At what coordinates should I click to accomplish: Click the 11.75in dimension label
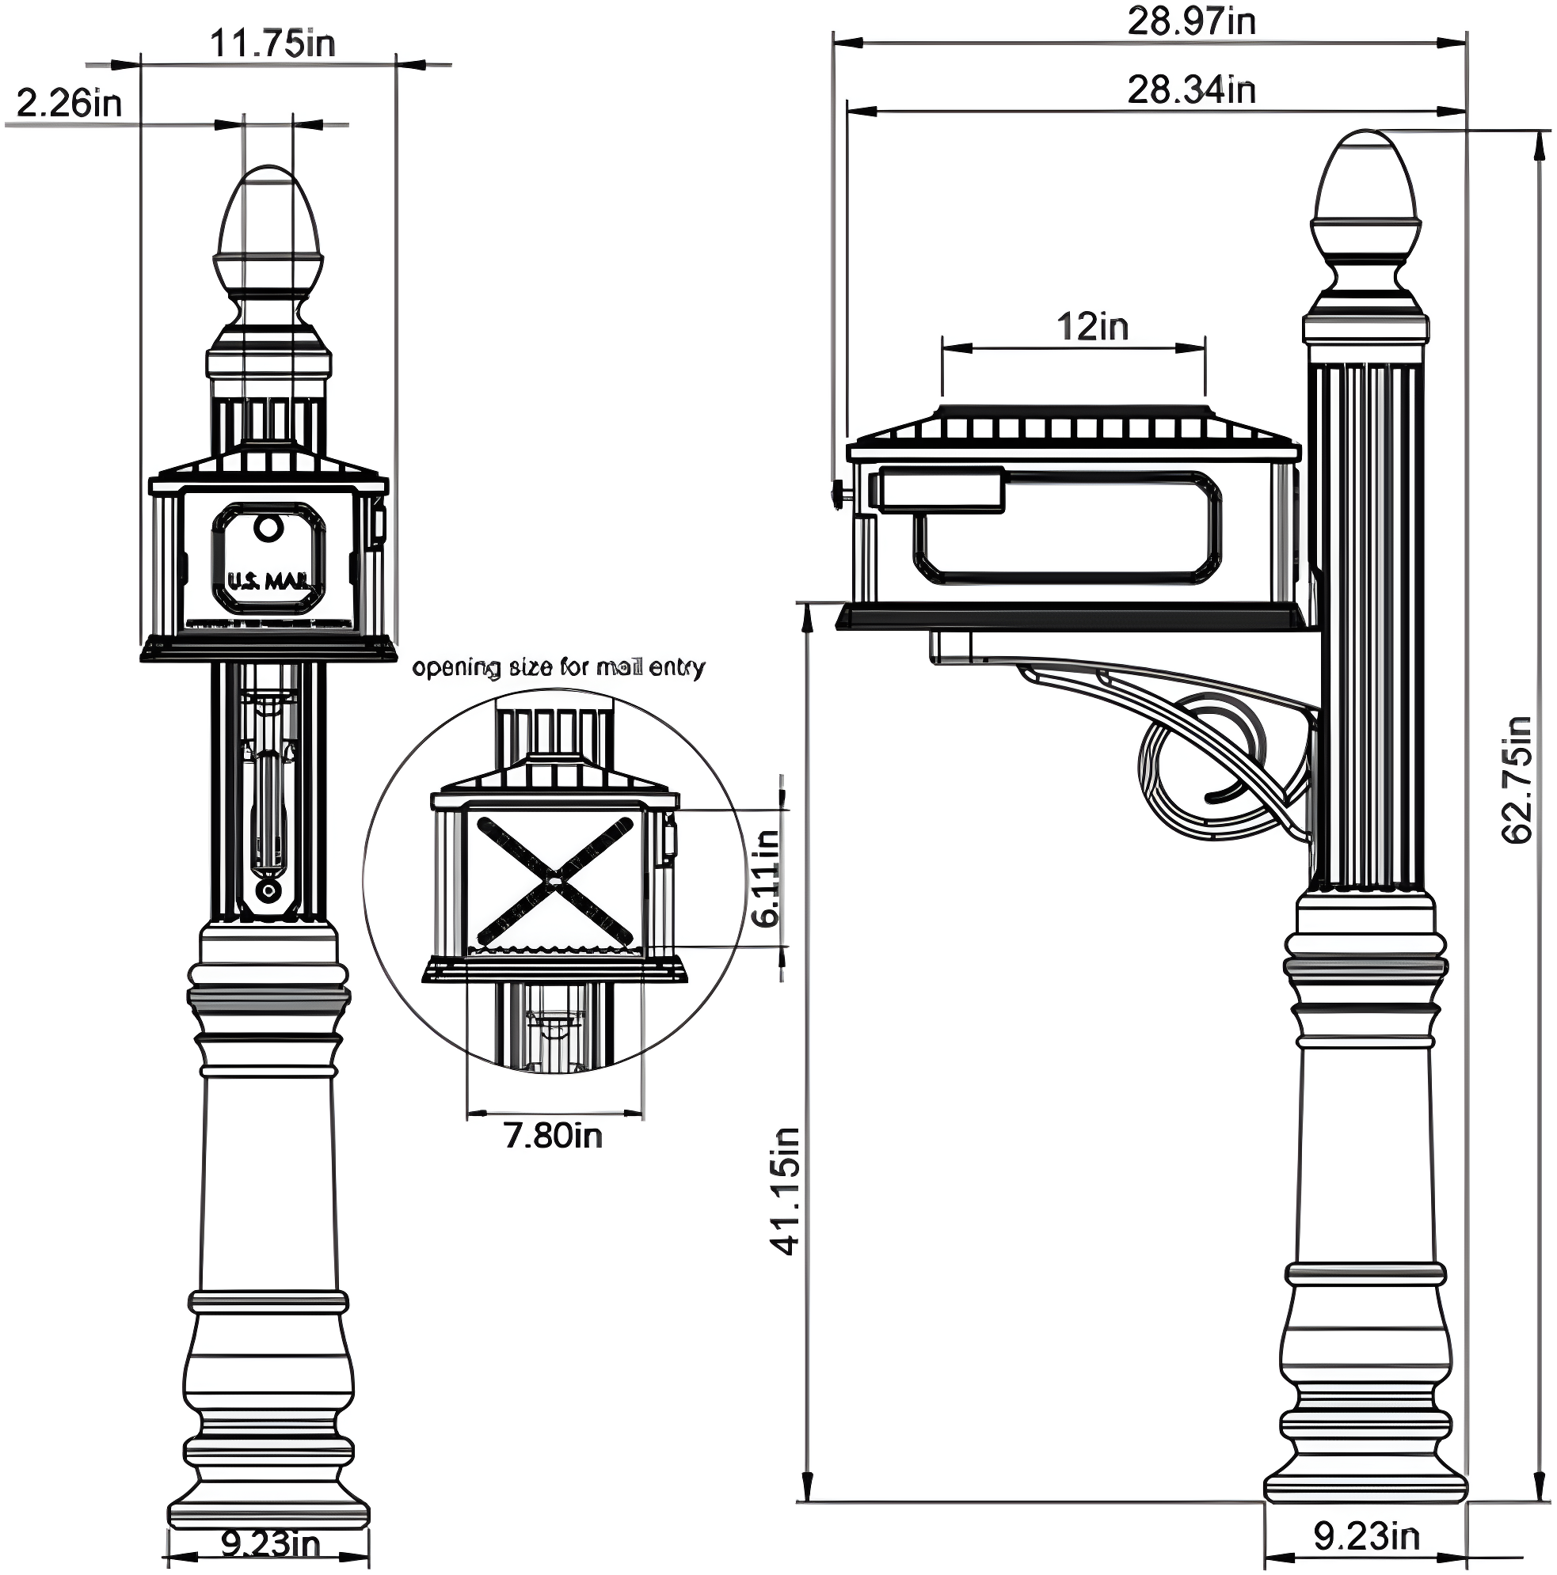[x=272, y=44]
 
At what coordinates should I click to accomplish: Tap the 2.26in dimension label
[x=70, y=104]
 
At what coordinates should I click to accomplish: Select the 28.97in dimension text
[x=1191, y=22]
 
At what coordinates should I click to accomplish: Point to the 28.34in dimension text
[x=1191, y=89]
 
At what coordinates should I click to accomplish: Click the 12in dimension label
[x=1092, y=327]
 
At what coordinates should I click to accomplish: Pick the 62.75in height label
[x=1517, y=780]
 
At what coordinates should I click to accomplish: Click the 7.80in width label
[x=553, y=1136]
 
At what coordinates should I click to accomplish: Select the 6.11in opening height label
[x=766, y=878]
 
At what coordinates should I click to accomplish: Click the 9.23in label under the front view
[x=271, y=1543]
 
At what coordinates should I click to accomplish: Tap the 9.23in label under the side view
[x=1367, y=1536]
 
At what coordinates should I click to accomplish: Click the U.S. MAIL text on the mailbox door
[x=268, y=581]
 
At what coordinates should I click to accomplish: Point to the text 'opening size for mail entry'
[x=558, y=668]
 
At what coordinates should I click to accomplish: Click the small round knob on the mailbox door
[x=265, y=527]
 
